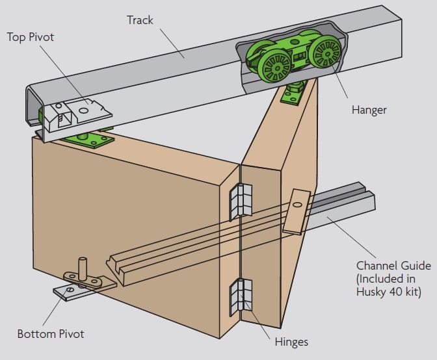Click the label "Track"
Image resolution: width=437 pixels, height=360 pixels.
click(140, 20)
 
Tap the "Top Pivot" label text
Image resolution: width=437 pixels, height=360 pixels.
click(30, 36)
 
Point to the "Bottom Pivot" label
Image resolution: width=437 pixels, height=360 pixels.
click(51, 335)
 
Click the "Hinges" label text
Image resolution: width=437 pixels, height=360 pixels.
click(291, 341)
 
